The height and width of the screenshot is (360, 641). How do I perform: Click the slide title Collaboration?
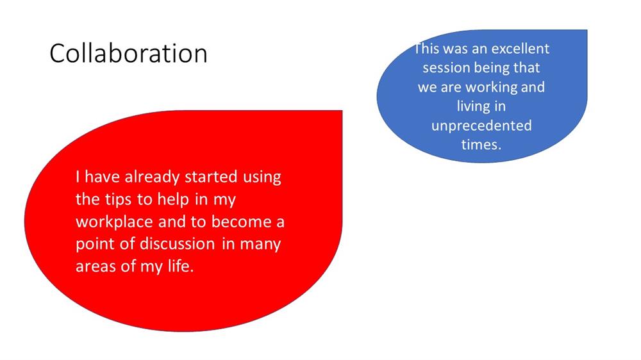click(128, 54)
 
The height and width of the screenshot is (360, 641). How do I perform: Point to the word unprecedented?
click(481, 126)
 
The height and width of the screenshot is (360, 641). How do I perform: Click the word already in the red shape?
click(152, 177)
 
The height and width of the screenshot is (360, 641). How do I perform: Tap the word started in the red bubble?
click(211, 177)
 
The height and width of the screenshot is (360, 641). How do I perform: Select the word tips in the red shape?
click(118, 200)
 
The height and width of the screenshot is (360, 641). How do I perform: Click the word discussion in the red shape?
click(178, 244)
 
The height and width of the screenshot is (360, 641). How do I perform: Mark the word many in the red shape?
click(260, 245)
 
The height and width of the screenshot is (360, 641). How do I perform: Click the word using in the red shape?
click(262, 177)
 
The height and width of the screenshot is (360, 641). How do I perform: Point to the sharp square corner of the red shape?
click(342, 111)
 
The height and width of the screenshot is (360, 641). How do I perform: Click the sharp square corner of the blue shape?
click(587, 30)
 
